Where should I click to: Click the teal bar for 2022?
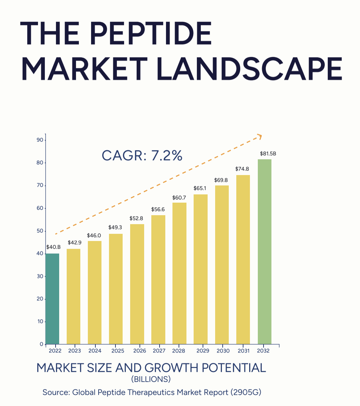tap(52, 299)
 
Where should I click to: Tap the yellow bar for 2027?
tap(158, 280)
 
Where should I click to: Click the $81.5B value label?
tap(268, 154)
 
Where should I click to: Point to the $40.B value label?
tap(53, 247)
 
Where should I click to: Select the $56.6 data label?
tap(158, 209)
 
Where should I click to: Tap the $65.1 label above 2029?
tap(200, 188)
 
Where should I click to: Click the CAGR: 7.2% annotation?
tap(142, 156)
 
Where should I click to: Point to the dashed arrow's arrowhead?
tap(260, 136)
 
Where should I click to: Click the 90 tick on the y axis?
tap(40, 140)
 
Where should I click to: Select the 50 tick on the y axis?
tap(40, 231)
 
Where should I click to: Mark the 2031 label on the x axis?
tap(243, 351)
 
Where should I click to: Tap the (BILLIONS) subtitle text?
tap(151, 379)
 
